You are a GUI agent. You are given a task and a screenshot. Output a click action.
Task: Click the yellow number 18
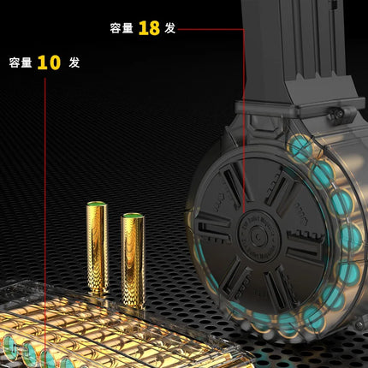[x=149, y=28]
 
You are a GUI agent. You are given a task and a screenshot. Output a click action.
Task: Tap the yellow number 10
[x=49, y=62]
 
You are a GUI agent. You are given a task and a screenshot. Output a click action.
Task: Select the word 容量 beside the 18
[x=122, y=28]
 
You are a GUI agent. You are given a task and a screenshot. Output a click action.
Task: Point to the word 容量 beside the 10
[x=21, y=62]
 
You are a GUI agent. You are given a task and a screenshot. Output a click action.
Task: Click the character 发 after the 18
[x=170, y=28]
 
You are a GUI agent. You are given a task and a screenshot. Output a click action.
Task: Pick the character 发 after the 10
[x=74, y=62]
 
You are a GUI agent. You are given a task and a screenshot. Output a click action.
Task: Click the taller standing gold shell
[x=98, y=247]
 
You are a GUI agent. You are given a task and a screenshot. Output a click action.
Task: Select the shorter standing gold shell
[x=133, y=260]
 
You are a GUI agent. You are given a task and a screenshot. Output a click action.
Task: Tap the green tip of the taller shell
[x=97, y=204]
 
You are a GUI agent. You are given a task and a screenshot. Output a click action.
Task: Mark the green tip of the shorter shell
[x=133, y=215]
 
